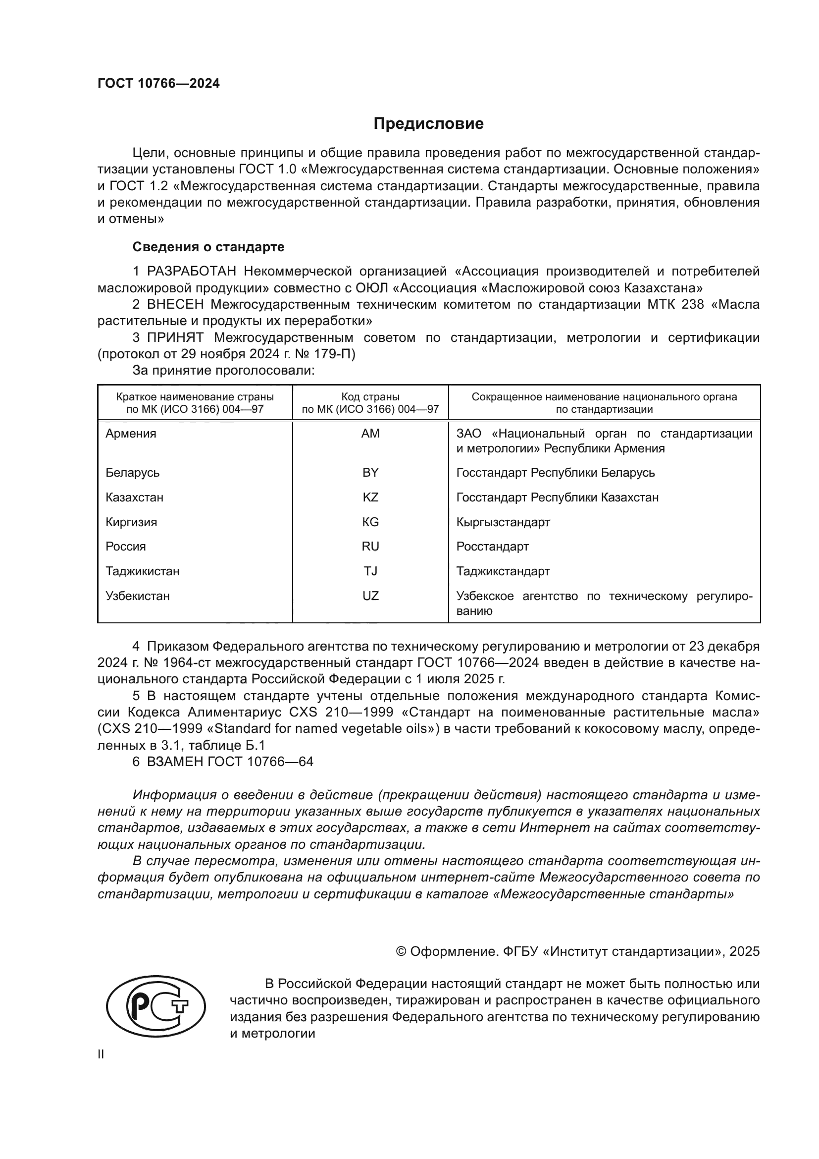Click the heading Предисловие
[x=428, y=124]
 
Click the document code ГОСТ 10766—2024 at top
[x=158, y=84]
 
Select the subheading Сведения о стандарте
[x=208, y=247]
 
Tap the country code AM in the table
[x=370, y=434]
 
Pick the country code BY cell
[x=370, y=473]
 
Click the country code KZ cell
[x=370, y=497]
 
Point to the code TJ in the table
[x=370, y=571]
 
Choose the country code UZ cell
[x=370, y=596]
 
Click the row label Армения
[x=131, y=434]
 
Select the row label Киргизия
[x=131, y=522]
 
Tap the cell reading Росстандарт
[x=492, y=547]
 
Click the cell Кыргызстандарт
[x=503, y=522]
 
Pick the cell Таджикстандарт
[x=503, y=571]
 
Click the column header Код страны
[x=370, y=397]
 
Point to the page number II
[x=101, y=1054]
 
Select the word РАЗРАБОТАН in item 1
[x=192, y=272]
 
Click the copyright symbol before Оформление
[x=401, y=951]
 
